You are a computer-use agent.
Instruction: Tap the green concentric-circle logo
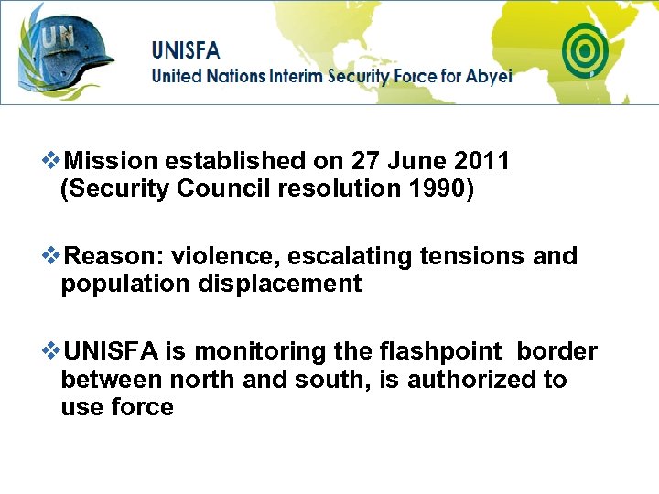(x=586, y=49)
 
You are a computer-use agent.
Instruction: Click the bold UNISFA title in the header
(x=186, y=49)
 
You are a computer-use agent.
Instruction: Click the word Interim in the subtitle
(x=297, y=76)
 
